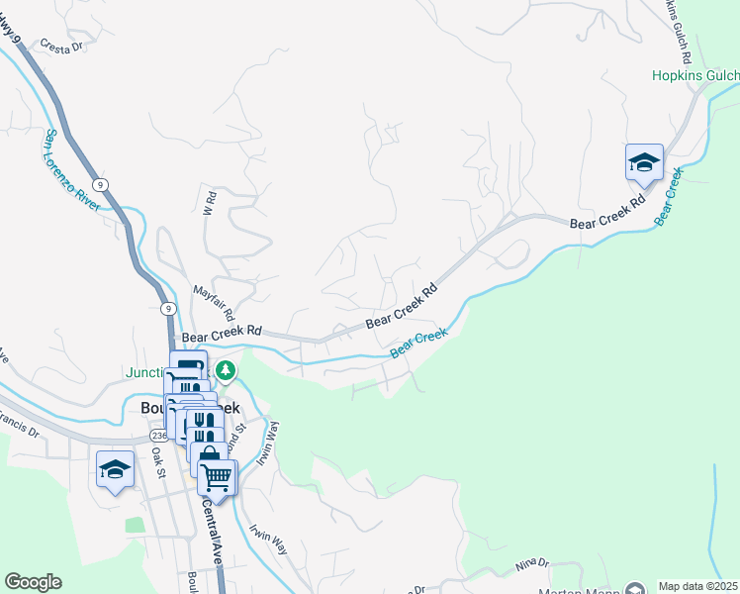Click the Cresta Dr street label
click(63, 46)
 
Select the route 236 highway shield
click(159, 436)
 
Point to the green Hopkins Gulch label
click(694, 75)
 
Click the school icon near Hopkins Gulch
click(644, 162)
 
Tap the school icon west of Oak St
click(115, 469)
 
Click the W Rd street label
click(209, 206)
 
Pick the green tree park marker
click(227, 370)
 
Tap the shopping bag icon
click(209, 456)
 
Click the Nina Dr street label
click(531, 565)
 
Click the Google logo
click(33, 582)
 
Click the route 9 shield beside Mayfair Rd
click(168, 308)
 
